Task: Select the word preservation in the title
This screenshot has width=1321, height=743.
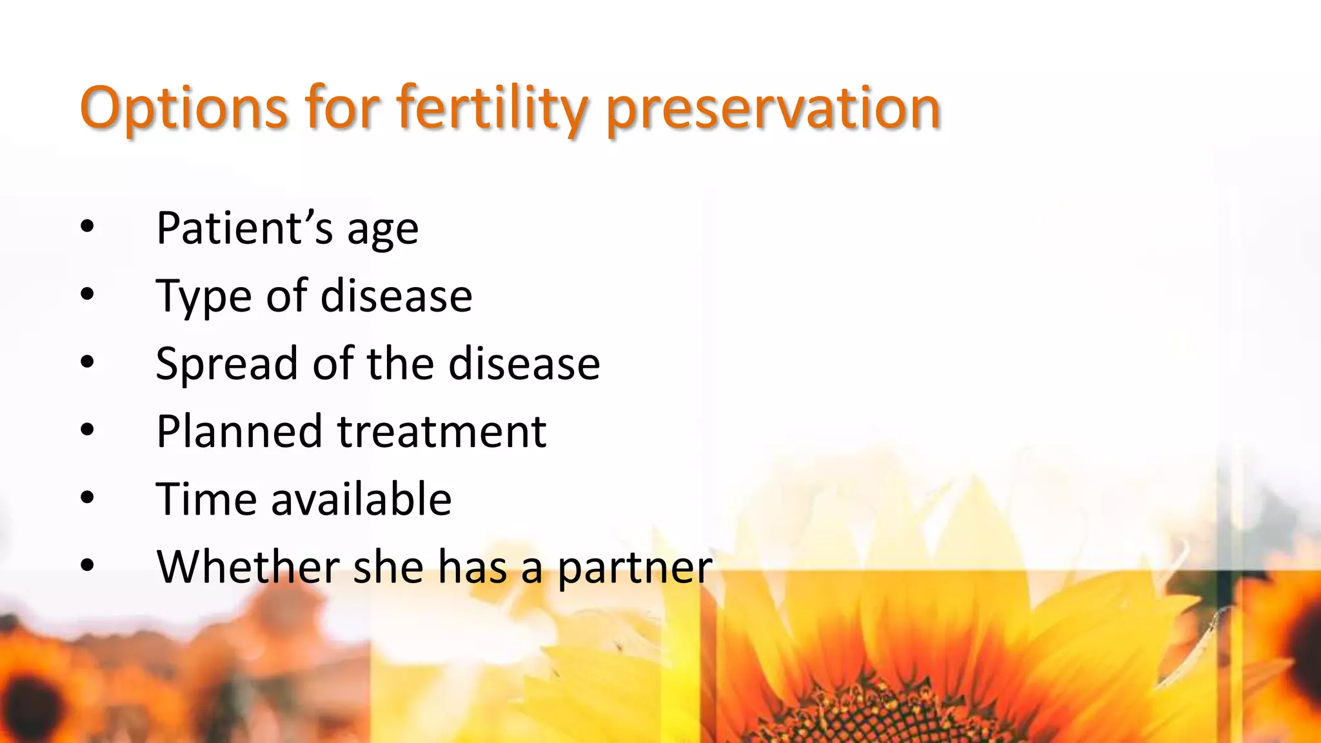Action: click(773, 108)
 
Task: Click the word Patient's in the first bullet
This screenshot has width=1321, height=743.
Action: click(244, 228)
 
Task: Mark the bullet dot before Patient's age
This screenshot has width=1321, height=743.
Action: click(88, 227)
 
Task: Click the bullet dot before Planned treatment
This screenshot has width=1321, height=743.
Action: click(88, 430)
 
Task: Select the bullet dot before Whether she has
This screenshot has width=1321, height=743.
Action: click(88, 566)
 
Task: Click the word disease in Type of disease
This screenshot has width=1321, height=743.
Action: click(396, 297)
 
